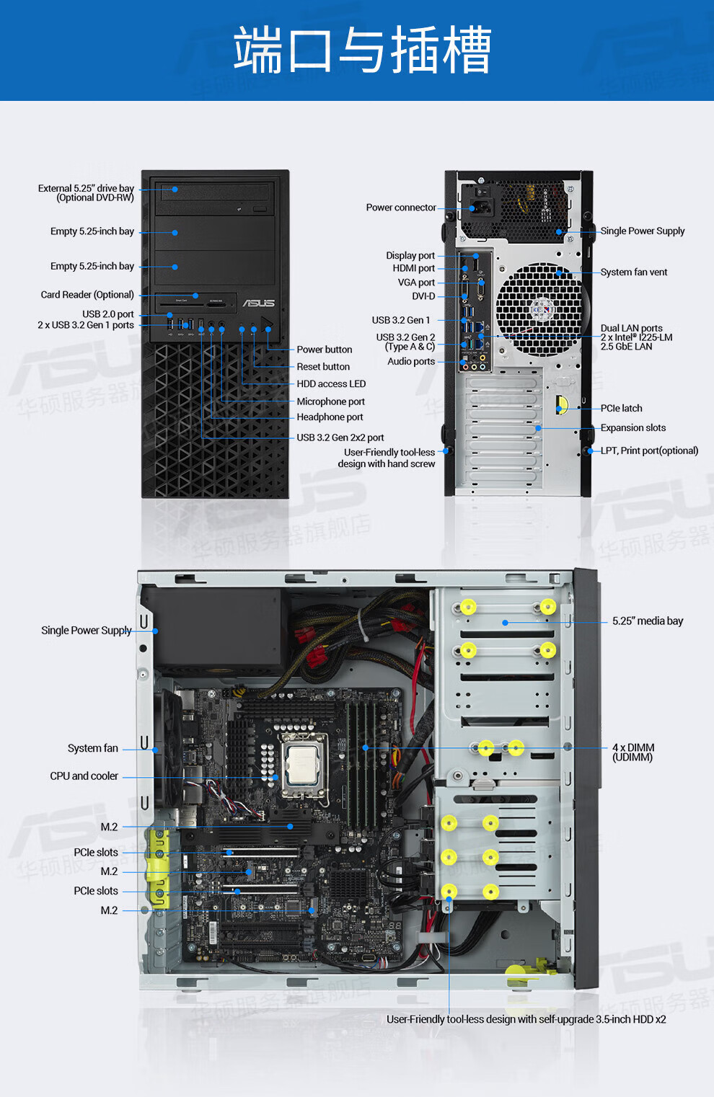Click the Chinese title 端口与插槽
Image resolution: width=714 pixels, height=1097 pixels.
(x=362, y=50)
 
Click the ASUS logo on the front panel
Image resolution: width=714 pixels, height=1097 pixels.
(x=259, y=303)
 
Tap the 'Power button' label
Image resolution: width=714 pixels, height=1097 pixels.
(x=325, y=349)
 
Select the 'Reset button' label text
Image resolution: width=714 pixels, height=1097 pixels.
(x=323, y=366)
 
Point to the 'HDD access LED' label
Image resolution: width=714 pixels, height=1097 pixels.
(x=331, y=383)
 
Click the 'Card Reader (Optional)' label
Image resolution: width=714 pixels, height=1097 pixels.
(x=87, y=294)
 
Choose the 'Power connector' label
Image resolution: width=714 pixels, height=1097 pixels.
(x=401, y=207)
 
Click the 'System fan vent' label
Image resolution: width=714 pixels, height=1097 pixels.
(x=634, y=272)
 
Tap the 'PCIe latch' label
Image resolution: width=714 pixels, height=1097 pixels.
(x=621, y=408)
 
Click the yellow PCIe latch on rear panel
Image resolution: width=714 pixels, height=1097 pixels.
(x=562, y=405)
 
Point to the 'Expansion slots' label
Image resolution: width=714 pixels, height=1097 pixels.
(x=633, y=427)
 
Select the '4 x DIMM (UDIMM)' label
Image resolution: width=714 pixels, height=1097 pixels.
(x=633, y=752)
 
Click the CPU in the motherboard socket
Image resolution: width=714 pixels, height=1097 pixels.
(x=305, y=765)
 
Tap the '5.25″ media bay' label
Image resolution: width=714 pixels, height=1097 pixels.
(x=648, y=621)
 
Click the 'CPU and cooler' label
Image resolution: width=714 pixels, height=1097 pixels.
(x=84, y=776)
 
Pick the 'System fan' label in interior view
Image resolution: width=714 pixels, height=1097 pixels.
(x=92, y=748)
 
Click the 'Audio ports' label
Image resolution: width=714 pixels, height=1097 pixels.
(x=411, y=361)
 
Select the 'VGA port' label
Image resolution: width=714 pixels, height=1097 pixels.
(x=416, y=282)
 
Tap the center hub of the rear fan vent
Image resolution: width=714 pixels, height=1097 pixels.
(x=542, y=309)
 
